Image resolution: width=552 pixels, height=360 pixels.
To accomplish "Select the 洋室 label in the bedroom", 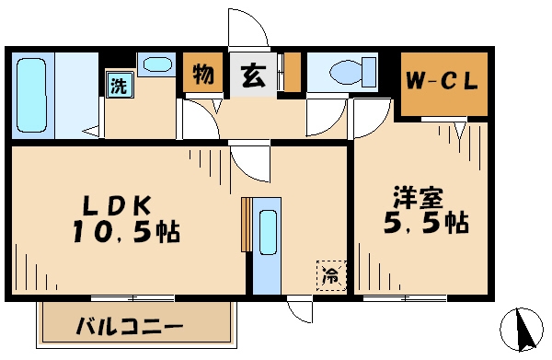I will (x=419, y=196).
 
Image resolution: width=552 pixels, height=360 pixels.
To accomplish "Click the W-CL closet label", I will (x=443, y=81).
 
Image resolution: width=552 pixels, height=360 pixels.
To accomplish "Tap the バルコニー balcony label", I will (x=128, y=326).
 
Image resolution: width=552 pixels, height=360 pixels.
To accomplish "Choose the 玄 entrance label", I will (x=252, y=75).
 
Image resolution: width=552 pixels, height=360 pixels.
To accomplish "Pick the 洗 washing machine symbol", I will (x=120, y=86).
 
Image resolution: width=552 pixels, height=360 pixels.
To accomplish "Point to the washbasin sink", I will (x=157, y=66).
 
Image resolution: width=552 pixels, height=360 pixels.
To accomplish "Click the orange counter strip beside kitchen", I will (x=245, y=224).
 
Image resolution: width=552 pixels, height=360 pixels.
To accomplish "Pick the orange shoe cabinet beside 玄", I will (x=292, y=75).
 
